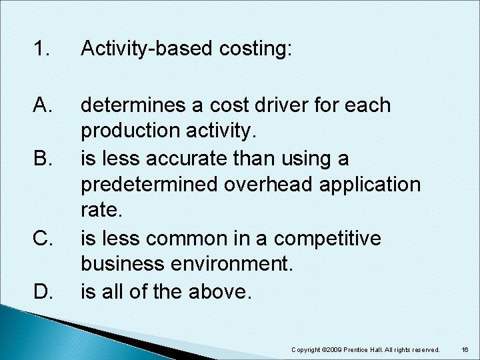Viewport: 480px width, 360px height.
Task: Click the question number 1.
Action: click(x=41, y=49)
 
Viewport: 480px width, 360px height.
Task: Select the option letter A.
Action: click(x=42, y=105)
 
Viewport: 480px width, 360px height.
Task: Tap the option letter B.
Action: click(x=42, y=159)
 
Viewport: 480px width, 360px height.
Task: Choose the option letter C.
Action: click(x=42, y=238)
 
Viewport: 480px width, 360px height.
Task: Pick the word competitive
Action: click(x=331, y=238)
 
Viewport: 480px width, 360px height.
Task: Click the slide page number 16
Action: click(x=465, y=349)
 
